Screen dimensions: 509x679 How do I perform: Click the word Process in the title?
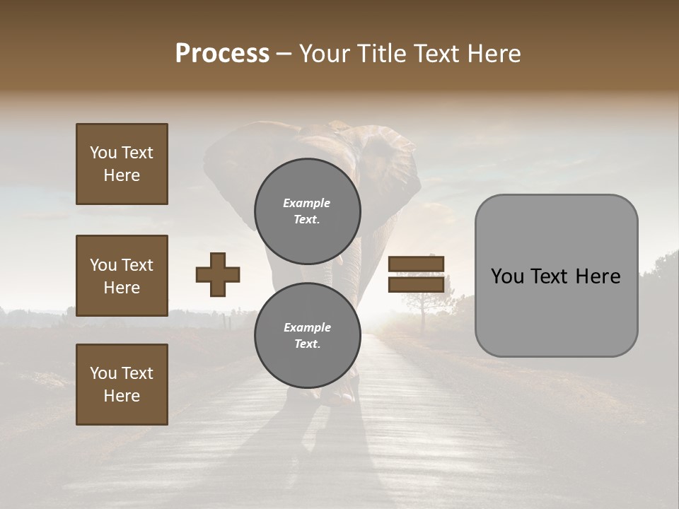click(x=222, y=54)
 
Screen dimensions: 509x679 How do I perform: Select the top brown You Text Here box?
click(x=122, y=164)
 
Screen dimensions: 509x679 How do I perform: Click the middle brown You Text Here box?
click(x=122, y=276)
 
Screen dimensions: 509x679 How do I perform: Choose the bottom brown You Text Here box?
click(x=122, y=384)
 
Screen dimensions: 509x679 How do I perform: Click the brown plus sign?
click(x=218, y=274)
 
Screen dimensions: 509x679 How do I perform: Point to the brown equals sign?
click(x=417, y=274)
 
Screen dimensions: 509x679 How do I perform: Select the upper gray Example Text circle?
click(x=308, y=211)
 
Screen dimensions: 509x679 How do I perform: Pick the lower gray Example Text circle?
click(x=308, y=335)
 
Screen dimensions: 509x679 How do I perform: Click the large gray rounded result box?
click(x=556, y=276)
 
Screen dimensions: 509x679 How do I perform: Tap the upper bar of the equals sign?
click(x=417, y=264)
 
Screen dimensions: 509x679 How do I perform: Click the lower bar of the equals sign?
click(x=417, y=284)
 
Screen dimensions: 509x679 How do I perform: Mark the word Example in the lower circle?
click(x=308, y=327)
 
